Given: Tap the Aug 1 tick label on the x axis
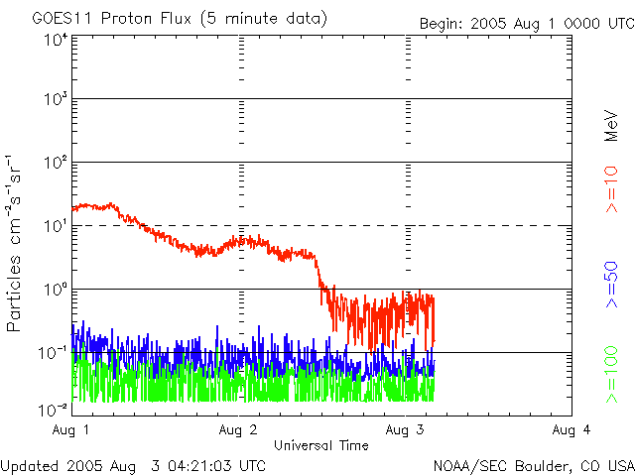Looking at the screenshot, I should [x=71, y=429].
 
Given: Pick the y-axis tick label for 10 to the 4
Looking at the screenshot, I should [x=55, y=41].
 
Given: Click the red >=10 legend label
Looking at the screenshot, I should [x=612, y=188].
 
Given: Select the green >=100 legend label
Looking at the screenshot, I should [x=612, y=374].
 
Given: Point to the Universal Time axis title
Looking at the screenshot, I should [x=320, y=445].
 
